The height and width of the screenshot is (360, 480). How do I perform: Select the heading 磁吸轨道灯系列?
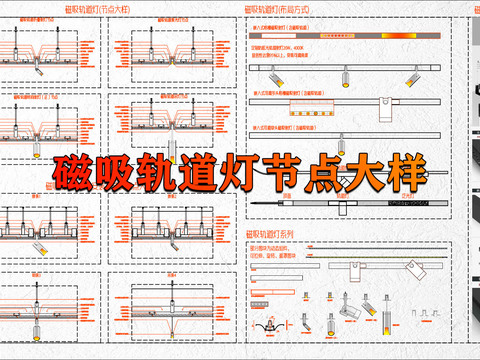[x=271, y=233]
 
